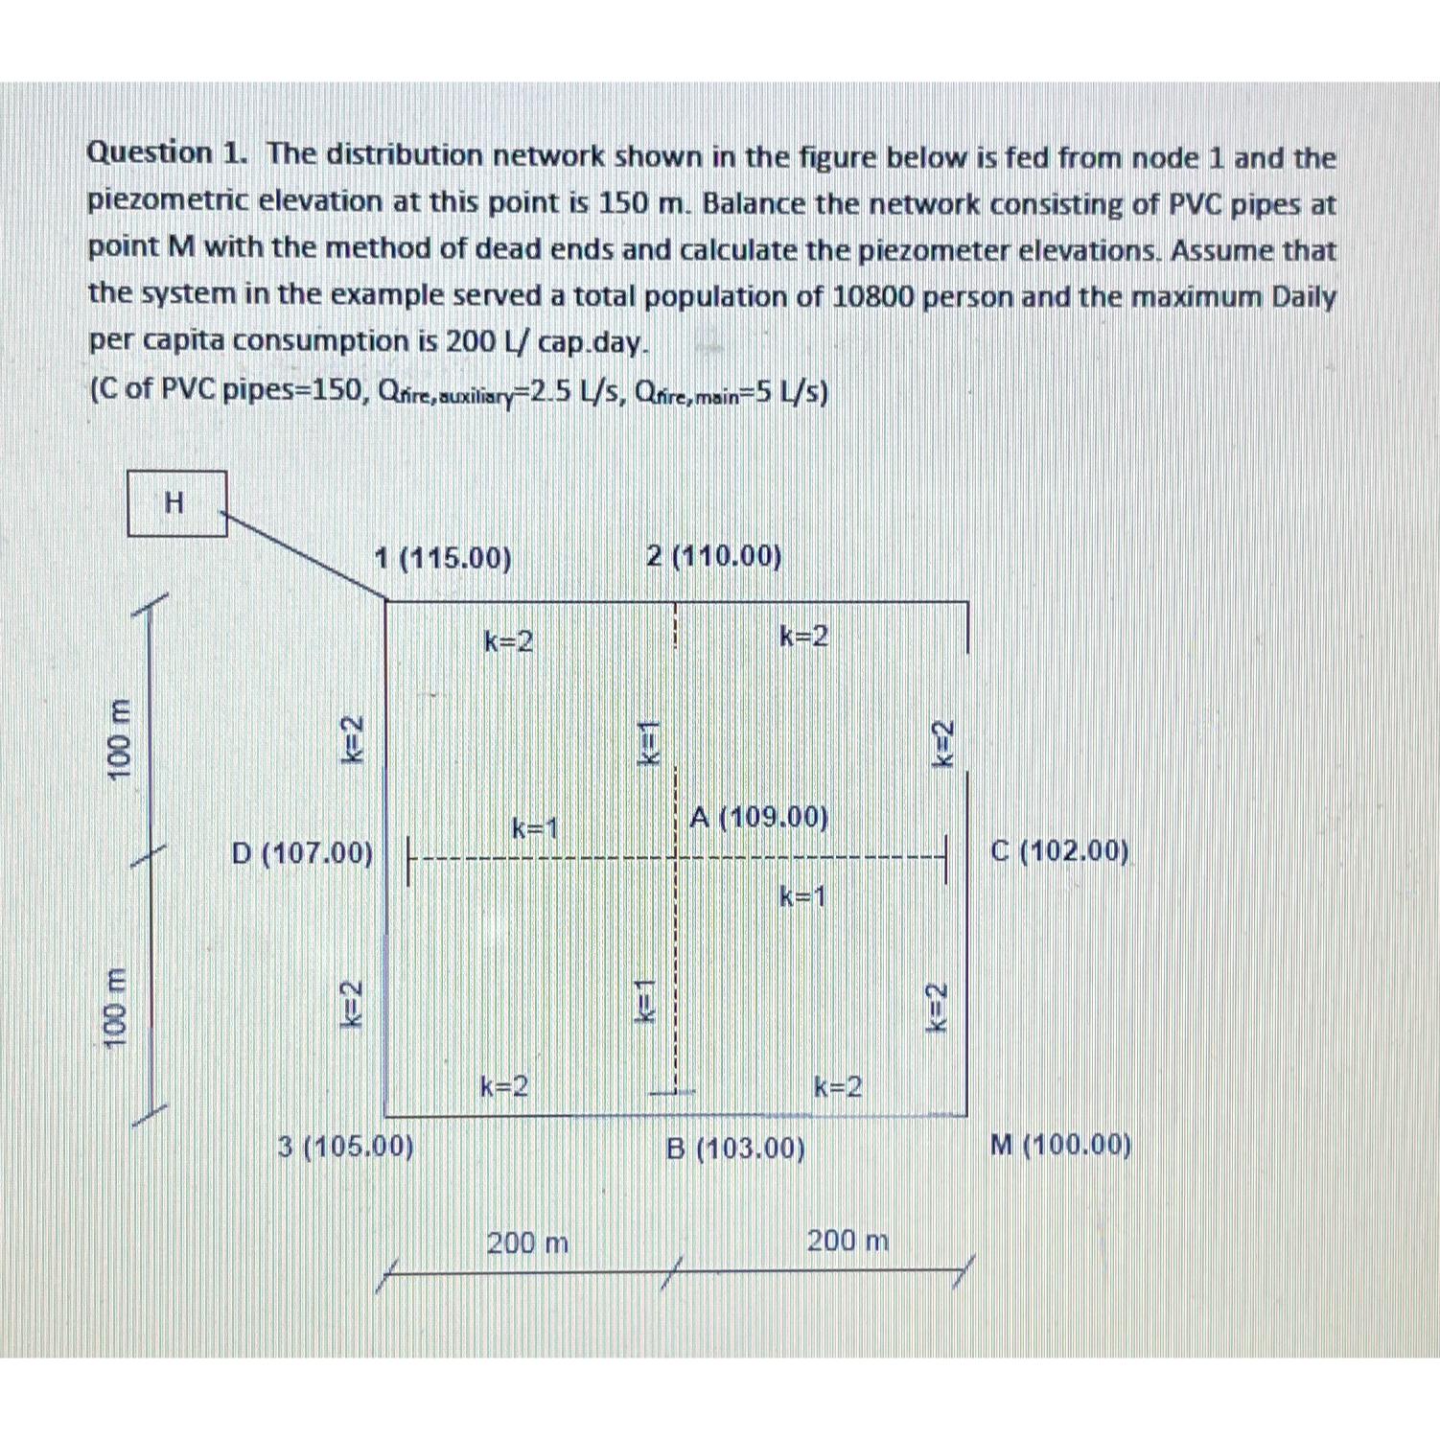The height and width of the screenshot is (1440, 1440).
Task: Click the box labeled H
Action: [x=176, y=502]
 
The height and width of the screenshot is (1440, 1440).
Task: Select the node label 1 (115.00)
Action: [x=442, y=558]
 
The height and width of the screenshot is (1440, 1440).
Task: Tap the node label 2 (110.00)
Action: [x=713, y=556]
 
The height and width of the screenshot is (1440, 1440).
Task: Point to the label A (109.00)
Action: [x=758, y=817]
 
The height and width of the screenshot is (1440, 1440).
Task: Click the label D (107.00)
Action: [x=302, y=852]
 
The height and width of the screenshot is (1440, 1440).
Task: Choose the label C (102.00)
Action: [x=1059, y=850]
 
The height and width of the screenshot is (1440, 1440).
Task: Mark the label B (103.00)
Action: [x=735, y=1148]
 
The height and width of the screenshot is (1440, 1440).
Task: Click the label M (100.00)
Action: [x=1060, y=1145]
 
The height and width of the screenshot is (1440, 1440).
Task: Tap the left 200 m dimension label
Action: [x=527, y=1243]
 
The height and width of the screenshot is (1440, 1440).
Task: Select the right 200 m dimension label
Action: [x=848, y=1241]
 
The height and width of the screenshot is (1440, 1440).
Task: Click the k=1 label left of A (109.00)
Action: [x=535, y=827]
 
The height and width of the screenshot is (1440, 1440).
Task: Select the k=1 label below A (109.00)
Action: [x=802, y=896]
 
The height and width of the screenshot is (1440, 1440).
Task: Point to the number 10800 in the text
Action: [x=875, y=296]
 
